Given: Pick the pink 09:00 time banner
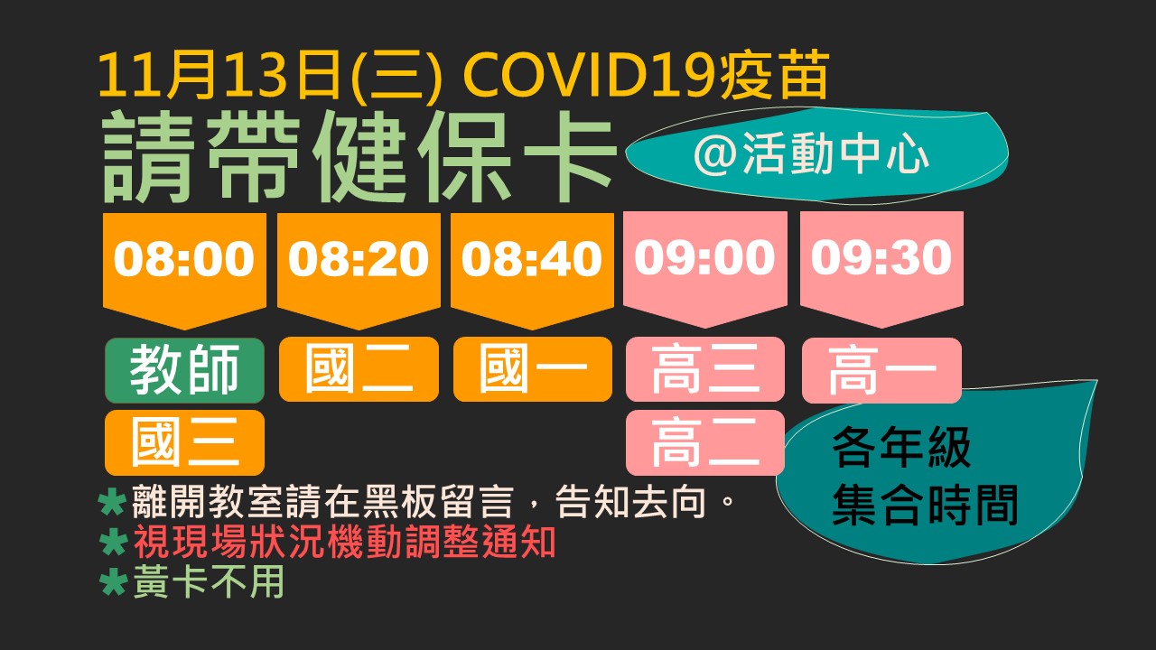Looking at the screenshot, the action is pyautogui.click(x=705, y=269).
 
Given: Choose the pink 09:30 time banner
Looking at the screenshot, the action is pyautogui.click(x=881, y=269).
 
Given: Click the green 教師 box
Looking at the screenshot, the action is pyautogui.click(x=185, y=370).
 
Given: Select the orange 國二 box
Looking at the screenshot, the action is pyautogui.click(x=359, y=369).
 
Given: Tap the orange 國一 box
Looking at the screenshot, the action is pyautogui.click(x=533, y=369).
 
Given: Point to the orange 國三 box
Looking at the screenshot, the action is pyautogui.click(x=185, y=442).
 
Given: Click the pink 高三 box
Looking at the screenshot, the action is pyautogui.click(x=705, y=369).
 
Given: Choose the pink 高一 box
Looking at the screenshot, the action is pyautogui.click(x=881, y=370).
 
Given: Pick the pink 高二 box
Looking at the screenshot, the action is pyautogui.click(x=705, y=442).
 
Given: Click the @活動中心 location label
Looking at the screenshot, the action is pyautogui.click(x=811, y=154).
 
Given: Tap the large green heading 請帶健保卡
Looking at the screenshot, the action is pyautogui.click(x=359, y=157).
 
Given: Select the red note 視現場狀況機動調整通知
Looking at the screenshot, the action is pyautogui.click(x=344, y=542).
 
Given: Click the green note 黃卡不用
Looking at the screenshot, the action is pyautogui.click(x=209, y=580).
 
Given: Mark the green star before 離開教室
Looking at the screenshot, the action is pyautogui.click(x=113, y=503).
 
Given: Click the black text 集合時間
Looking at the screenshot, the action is pyautogui.click(x=925, y=505).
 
